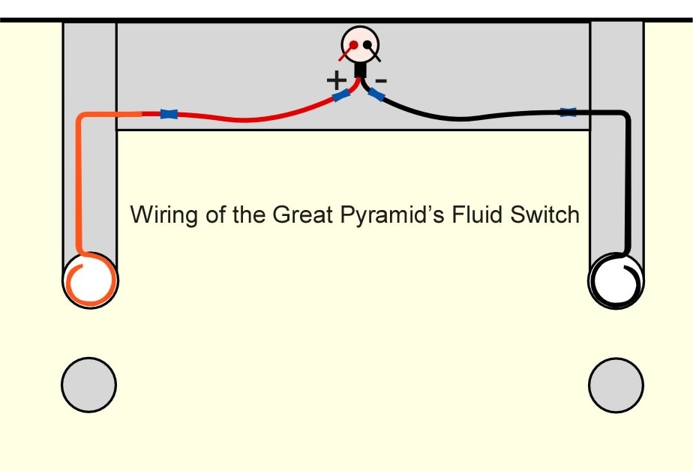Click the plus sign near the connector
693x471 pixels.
(336, 80)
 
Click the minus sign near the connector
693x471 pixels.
(381, 80)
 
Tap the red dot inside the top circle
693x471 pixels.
(353, 45)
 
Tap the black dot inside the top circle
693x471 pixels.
(367, 45)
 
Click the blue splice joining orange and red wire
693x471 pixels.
(169, 114)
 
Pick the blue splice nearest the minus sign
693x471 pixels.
(376, 94)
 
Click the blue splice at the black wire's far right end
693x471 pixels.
(568, 112)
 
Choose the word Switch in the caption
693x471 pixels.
(544, 214)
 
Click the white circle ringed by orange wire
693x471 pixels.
(90, 280)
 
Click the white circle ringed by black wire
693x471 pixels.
(616, 280)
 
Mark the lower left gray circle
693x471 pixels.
(88, 385)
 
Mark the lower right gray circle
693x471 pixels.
(616, 385)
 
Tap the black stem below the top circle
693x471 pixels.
(361, 70)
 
